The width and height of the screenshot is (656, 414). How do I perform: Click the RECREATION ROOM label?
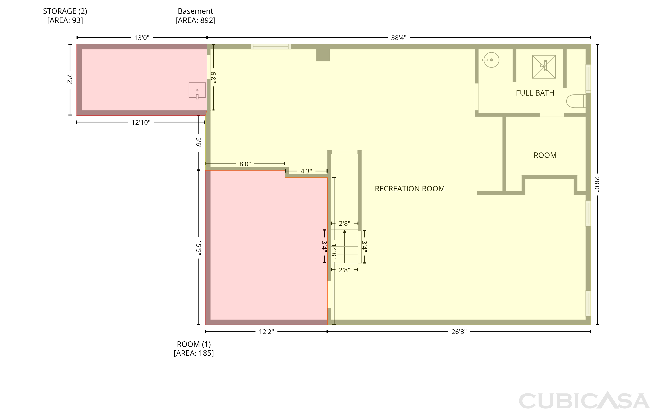410,189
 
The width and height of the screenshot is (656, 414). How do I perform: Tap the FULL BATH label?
535,93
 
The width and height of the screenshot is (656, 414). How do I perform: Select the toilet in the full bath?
576,101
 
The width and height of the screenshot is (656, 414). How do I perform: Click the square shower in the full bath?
544,67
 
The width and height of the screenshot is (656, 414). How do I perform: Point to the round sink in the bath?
491,60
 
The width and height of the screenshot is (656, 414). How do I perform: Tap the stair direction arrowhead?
345,232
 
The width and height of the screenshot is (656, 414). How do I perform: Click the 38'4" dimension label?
399,38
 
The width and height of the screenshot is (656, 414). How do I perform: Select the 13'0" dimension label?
142,38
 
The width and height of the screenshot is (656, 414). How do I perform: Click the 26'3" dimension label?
459,332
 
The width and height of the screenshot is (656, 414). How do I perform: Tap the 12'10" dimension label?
141,123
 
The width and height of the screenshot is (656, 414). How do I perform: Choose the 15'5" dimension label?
199,248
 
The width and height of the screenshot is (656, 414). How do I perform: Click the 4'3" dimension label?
306,171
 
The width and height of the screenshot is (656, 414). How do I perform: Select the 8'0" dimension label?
245,164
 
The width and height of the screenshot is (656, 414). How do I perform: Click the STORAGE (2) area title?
65,11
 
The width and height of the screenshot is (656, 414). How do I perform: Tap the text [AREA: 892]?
195,20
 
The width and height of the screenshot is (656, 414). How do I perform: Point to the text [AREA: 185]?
194,353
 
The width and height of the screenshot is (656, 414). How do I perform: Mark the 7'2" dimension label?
70,80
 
